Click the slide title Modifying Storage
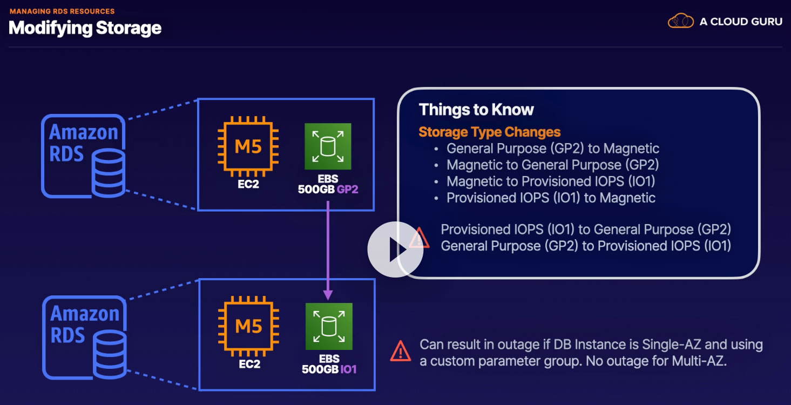click(x=85, y=28)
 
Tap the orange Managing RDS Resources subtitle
click(x=62, y=11)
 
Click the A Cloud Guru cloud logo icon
click(x=680, y=21)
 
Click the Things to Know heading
click(x=476, y=110)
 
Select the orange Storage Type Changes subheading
click(x=489, y=132)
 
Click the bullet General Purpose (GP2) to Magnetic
click(x=553, y=148)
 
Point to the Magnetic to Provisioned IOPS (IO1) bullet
click(x=551, y=181)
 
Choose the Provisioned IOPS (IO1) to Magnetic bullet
click(x=551, y=198)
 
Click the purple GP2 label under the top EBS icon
click(x=348, y=189)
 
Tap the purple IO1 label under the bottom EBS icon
click(x=348, y=369)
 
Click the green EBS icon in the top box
click(x=328, y=146)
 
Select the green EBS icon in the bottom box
click(x=329, y=326)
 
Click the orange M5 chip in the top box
click(x=248, y=146)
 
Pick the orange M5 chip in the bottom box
click(x=248, y=326)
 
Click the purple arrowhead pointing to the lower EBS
click(x=328, y=295)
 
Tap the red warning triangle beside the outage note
click(x=401, y=351)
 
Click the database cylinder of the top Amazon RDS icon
click(x=109, y=173)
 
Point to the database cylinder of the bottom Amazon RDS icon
click(x=110, y=354)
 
